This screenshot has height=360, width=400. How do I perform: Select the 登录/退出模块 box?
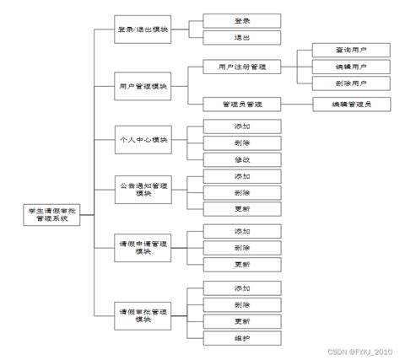[x=143, y=29]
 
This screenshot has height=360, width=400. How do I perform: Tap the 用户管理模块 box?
[x=143, y=85]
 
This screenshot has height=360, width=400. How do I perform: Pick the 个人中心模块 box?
[x=143, y=139]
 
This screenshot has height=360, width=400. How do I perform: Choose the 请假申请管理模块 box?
[x=143, y=248]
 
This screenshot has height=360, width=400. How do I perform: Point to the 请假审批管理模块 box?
[x=143, y=314]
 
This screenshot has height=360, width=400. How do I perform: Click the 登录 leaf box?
[x=241, y=19]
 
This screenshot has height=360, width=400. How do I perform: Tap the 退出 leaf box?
[x=241, y=38]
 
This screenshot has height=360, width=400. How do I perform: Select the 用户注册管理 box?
[x=241, y=66]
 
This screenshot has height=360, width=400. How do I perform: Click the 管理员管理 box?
[x=241, y=104]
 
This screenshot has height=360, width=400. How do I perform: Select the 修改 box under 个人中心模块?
[x=241, y=160]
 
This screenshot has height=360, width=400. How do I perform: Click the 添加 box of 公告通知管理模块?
[x=241, y=176]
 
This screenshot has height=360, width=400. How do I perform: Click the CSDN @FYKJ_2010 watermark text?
[x=361, y=351]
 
